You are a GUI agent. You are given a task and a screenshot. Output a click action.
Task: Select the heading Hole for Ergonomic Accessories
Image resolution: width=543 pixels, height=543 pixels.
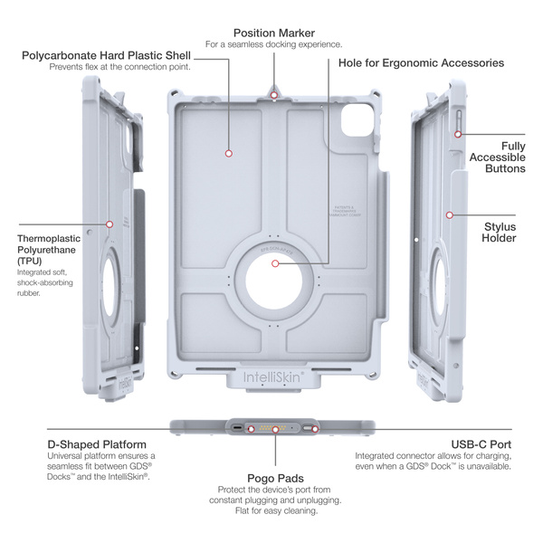click(x=421, y=63)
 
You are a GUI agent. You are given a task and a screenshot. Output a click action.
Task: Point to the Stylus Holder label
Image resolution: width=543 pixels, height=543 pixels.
click(x=500, y=232)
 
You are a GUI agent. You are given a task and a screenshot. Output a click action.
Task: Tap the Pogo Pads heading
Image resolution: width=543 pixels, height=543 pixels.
click(x=274, y=477)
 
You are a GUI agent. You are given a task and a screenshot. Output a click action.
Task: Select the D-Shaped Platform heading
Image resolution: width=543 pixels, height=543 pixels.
click(x=97, y=444)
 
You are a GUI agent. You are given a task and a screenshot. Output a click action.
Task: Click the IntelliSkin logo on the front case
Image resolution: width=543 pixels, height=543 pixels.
click(x=274, y=370)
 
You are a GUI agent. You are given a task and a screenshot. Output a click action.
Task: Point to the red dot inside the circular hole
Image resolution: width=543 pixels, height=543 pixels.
click(x=274, y=263)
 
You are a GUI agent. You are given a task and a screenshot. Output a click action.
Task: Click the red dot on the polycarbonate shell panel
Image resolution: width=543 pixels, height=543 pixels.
click(x=229, y=154)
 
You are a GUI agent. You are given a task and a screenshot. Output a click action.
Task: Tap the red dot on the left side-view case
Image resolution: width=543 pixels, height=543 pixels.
click(x=110, y=223)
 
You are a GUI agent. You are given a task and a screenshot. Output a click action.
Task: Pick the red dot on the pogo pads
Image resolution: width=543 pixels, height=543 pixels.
click(x=274, y=430)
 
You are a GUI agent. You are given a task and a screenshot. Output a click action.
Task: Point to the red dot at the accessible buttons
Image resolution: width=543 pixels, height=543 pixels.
click(x=459, y=134)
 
